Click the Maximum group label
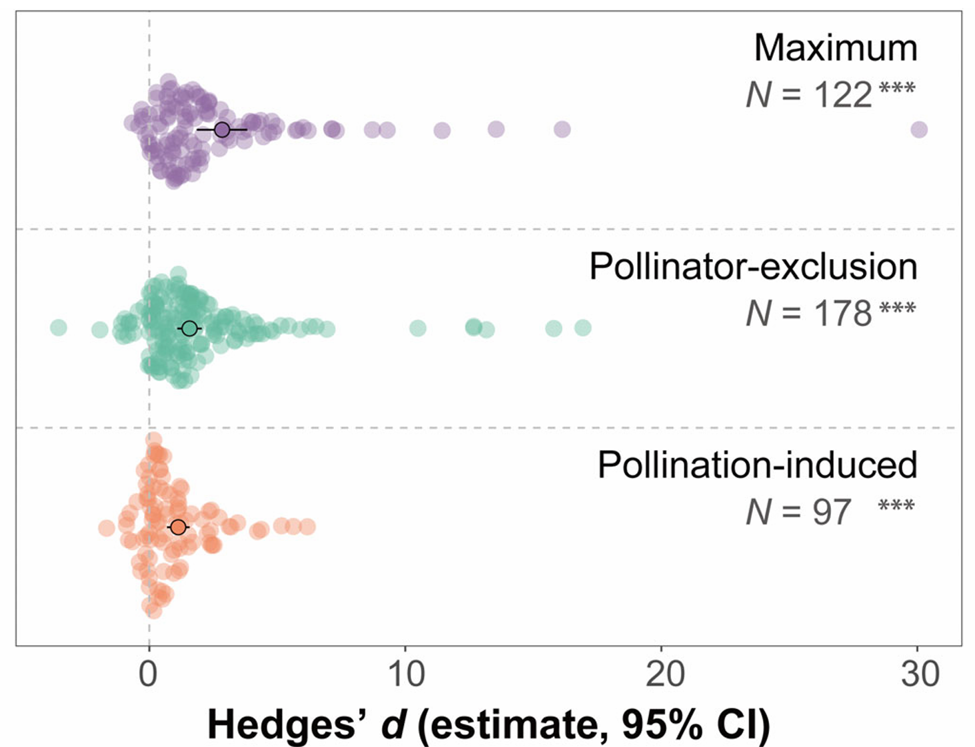[x=835, y=49]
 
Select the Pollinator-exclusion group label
[x=753, y=267]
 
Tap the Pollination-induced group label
[x=757, y=465]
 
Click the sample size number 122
[x=842, y=95]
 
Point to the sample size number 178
[x=842, y=314]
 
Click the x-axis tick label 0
[x=149, y=674]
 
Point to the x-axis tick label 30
[x=920, y=674]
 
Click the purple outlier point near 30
[x=918, y=130]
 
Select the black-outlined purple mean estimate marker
[x=222, y=130]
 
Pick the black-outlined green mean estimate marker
[x=190, y=328]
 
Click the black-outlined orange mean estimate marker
[x=178, y=527]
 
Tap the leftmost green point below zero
[x=59, y=328]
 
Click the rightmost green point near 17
[x=582, y=328]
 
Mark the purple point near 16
[x=562, y=129]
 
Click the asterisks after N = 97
[x=896, y=507]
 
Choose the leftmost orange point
[x=106, y=528]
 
